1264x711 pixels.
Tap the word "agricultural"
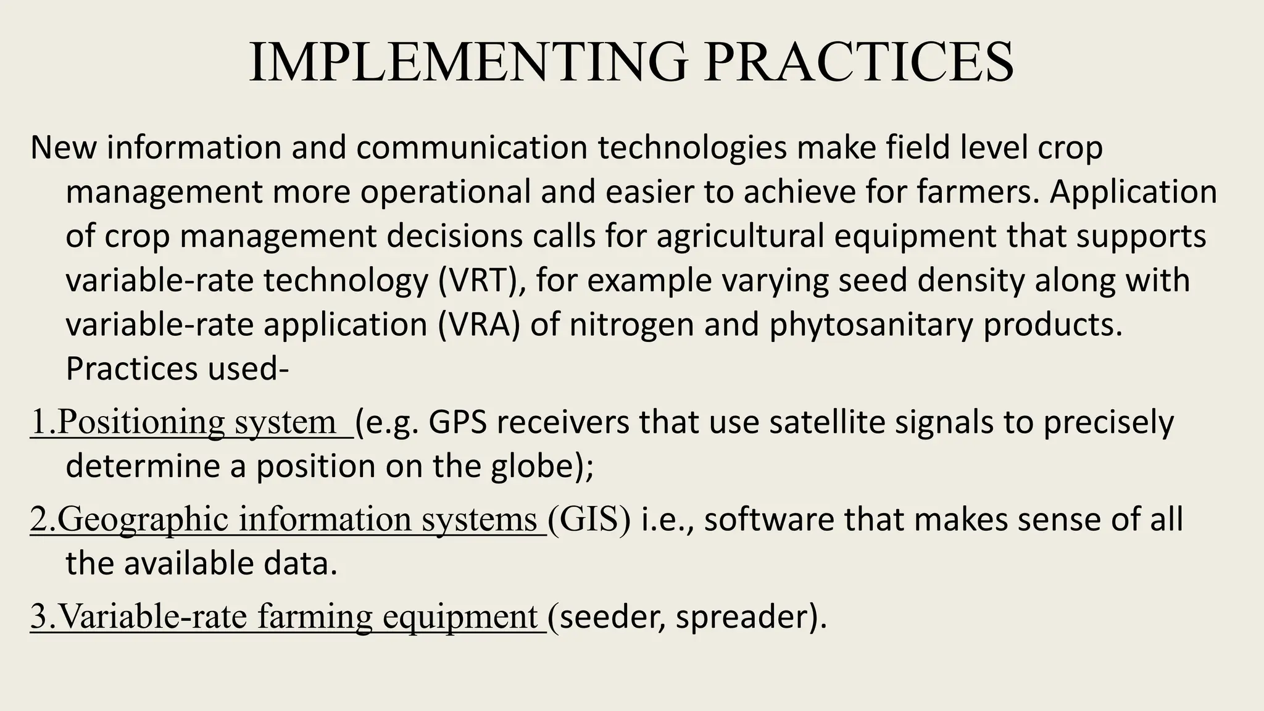(x=740, y=236)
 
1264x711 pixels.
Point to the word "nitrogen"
(x=631, y=325)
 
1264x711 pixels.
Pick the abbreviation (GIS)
(x=589, y=519)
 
